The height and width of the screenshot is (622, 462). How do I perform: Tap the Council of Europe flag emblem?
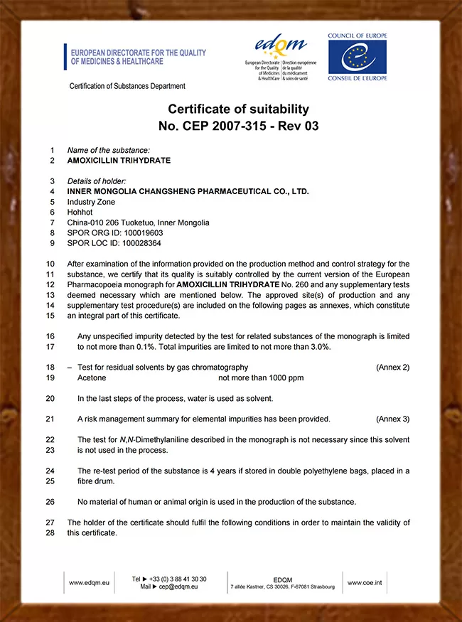[357, 57]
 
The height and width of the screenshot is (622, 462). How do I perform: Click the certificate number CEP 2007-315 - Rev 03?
[238, 127]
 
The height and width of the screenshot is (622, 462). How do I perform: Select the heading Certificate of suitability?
[238, 109]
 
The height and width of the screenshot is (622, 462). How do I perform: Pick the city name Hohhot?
[80, 212]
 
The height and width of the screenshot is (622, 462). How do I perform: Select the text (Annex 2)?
[392, 368]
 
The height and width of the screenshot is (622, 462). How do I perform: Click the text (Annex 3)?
[392, 419]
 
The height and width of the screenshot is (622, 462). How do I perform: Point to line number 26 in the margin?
[50, 502]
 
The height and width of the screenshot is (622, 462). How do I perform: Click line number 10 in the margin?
[50, 264]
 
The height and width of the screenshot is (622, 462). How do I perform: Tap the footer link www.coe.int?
[365, 583]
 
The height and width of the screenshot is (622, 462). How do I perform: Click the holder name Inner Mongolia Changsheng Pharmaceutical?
[188, 191]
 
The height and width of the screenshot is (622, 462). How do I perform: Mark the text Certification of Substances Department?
[127, 86]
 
